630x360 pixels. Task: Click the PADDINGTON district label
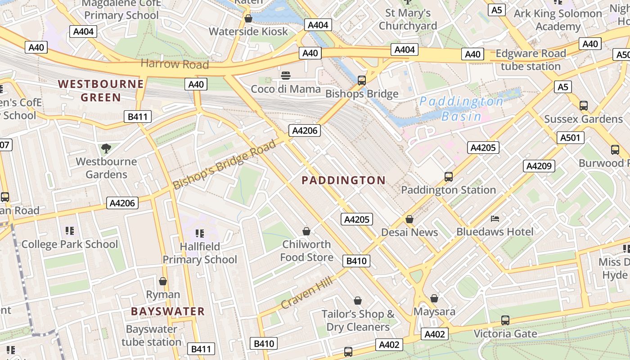click(x=343, y=180)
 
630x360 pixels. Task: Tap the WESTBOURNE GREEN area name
click(x=101, y=90)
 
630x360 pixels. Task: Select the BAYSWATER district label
click(x=168, y=311)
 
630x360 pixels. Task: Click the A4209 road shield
click(x=539, y=166)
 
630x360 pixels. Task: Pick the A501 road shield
click(x=570, y=138)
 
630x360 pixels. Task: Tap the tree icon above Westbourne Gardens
click(x=106, y=148)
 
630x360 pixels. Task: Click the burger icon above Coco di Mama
click(x=286, y=76)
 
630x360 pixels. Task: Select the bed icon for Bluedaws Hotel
click(x=495, y=219)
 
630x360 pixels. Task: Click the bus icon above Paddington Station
click(x=448, y=177)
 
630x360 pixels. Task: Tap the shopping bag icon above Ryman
click(x=163, y=281)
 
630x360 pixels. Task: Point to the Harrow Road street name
click(x=175, y=64)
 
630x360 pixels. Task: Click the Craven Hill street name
click(x=306, y=293)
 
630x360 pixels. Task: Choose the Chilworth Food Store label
click(x=306, y=251)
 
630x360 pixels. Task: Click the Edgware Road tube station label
click(x=531, y=60)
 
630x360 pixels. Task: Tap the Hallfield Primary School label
click(x=199, y=253)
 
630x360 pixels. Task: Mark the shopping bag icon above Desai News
click(x=409, y=219)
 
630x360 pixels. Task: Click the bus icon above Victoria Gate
click(x=505, y=320)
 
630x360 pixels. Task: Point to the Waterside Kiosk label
click(x=248, y=31)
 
